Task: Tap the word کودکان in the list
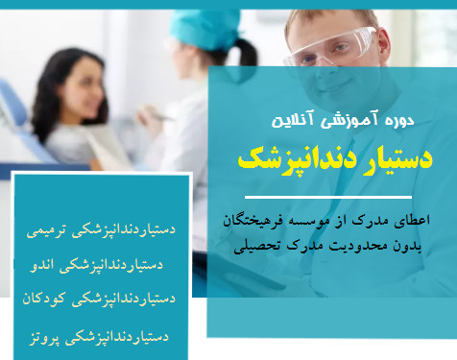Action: coord(46,300)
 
